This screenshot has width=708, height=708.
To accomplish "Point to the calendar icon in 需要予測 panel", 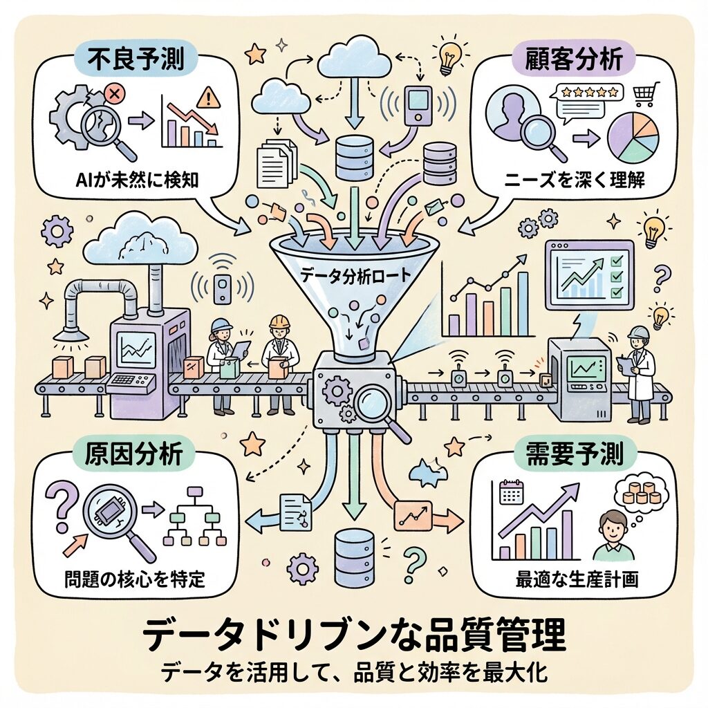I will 512,493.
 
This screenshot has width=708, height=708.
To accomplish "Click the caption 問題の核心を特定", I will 131,577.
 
